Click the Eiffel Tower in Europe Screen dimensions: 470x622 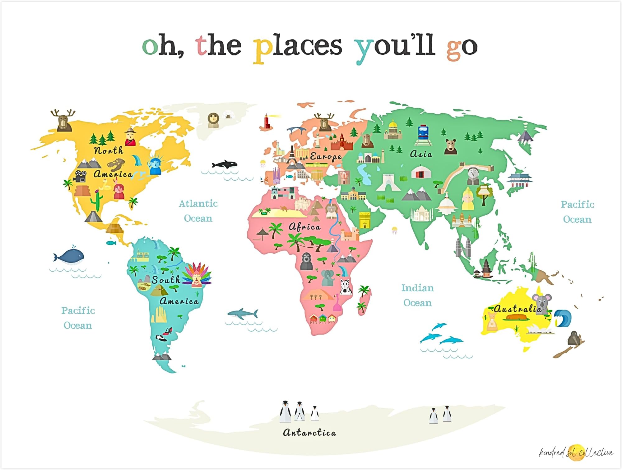tap(291, 155)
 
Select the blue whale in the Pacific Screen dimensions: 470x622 tap(69, 256)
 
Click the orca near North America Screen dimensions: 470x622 tap(225, 164)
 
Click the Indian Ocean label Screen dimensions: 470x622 tap(417, 295)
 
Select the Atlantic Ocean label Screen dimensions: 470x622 tap(198, 211)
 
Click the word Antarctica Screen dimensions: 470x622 tap(309, 432)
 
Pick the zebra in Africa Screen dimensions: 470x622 tap(346, 287)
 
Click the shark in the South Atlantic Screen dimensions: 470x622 tap(243, 314)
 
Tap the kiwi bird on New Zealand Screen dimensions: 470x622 tap(573, 339)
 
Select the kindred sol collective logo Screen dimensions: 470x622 tap(576, 452)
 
